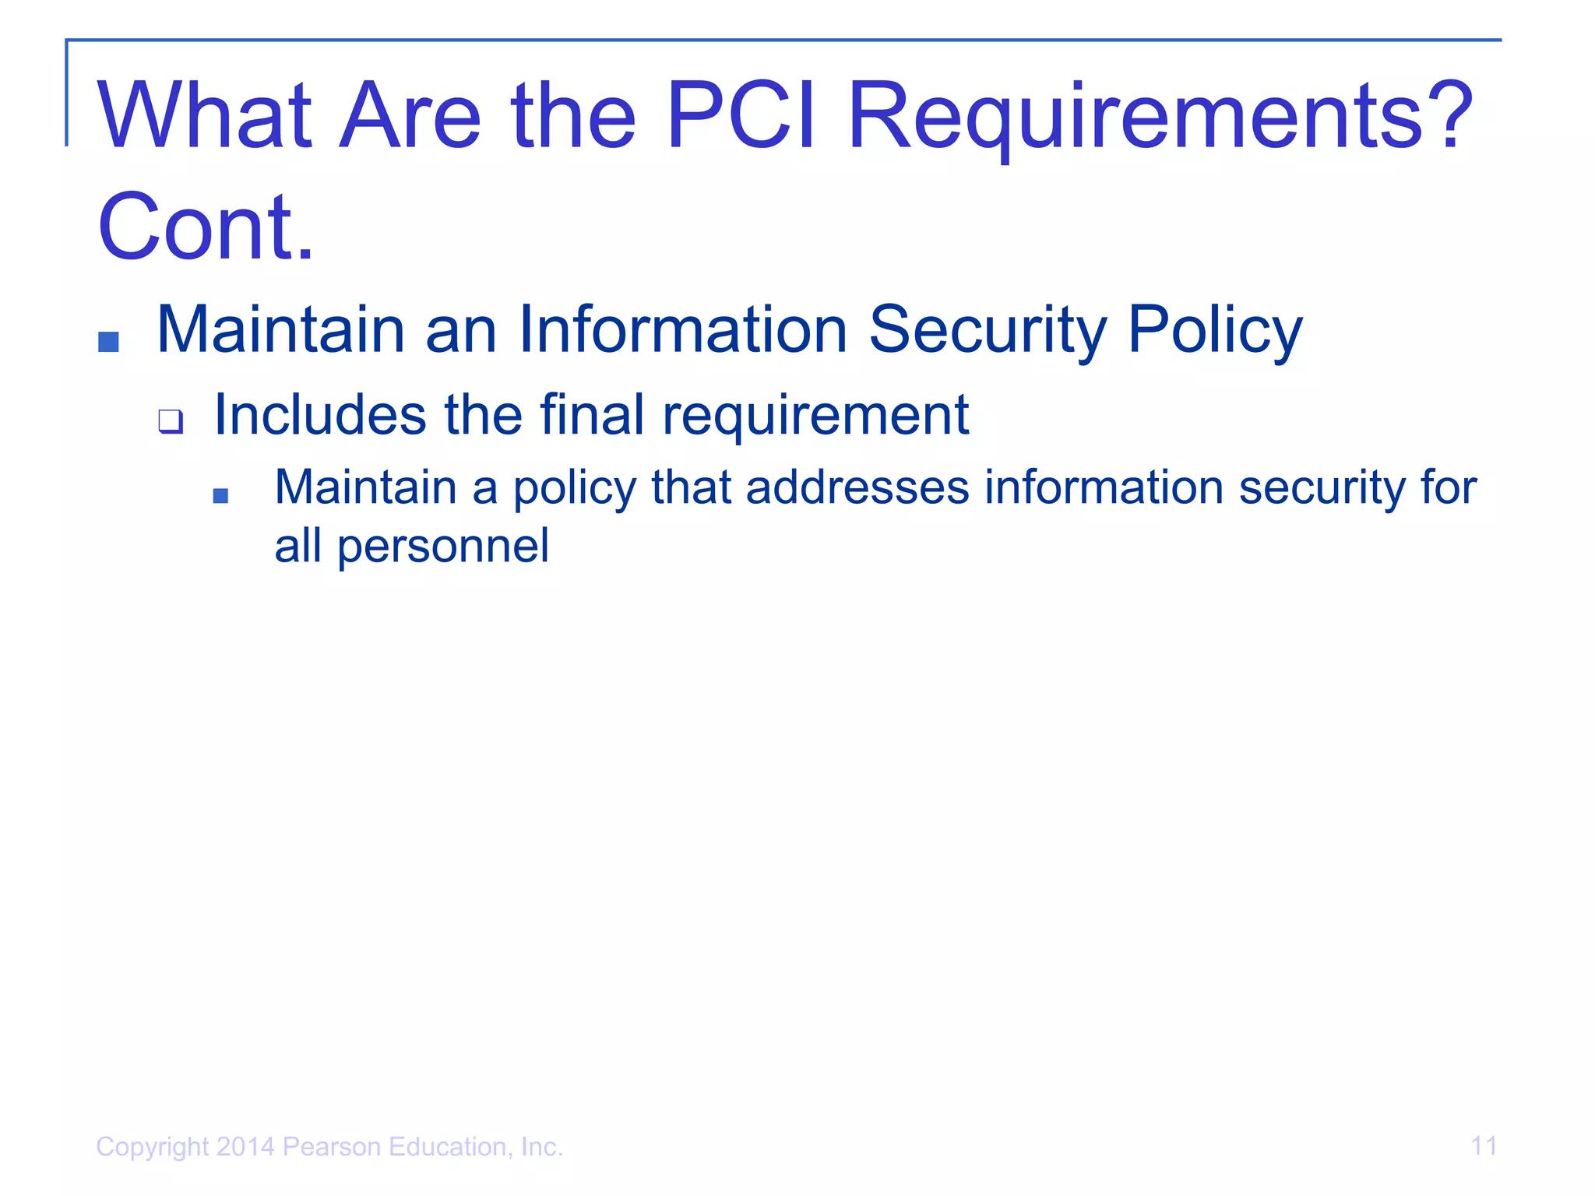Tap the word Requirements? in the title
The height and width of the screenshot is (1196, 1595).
[x=1160, y=117]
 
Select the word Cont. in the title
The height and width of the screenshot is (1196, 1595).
[x=206, y=227]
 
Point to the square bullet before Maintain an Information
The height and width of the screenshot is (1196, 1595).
[x=108, y=341]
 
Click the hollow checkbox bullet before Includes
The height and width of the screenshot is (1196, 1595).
[x=171, y=421]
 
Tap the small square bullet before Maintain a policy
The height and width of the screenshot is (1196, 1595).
[x=220, y=495]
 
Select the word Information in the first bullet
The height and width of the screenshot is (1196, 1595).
[x=682, y=329]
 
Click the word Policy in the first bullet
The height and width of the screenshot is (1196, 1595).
[x=1214, y=331]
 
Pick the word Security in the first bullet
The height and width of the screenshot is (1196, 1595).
[x=988, y=331]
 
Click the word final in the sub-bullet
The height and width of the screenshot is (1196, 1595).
[x=592, y=414]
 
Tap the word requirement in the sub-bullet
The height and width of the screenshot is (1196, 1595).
[x=815, y=416]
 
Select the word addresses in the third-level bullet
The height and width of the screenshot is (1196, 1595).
[x=857, y=488]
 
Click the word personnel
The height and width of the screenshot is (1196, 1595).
[x=443, y=547]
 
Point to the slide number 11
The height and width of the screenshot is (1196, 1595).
[x=1484, y=1146]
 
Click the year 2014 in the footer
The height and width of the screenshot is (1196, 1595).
[x=245, y=1147]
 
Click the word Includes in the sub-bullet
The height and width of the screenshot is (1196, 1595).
[x=320, y=414]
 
